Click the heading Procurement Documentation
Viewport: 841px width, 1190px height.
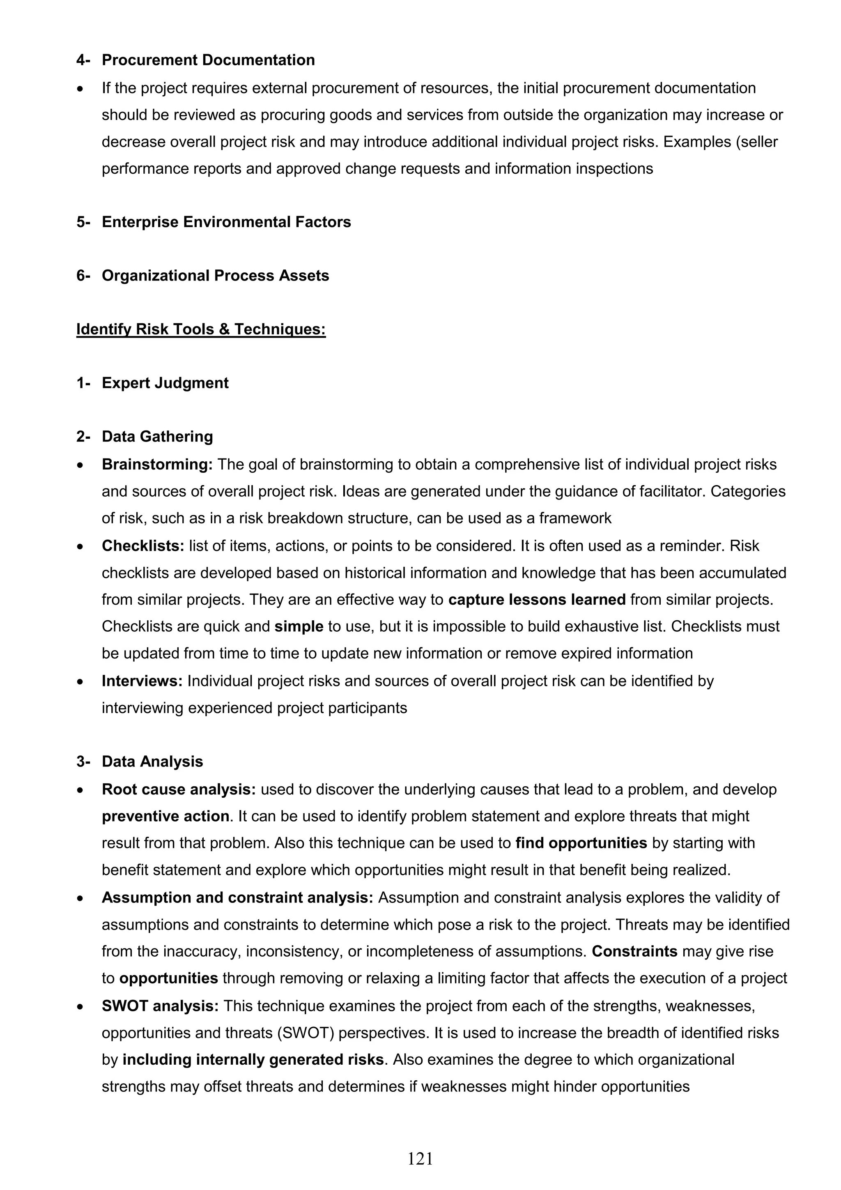pos(208,60)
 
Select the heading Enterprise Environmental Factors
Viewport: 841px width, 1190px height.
pos(226,222)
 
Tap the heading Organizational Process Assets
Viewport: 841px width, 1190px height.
pos(215,275)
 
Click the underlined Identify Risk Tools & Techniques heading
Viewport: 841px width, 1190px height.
pos(201,329)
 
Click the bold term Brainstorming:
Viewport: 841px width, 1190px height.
pos(157,465)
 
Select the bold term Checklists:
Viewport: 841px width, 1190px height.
pos(143,546)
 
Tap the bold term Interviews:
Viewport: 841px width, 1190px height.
pos(142,681)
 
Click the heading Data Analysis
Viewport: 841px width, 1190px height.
pos(152,762)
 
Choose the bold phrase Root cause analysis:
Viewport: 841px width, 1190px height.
pos(179,789)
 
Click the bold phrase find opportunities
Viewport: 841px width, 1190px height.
pos(581,843)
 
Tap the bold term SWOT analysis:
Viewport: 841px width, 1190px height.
pos(160,1006)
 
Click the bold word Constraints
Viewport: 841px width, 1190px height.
pos(634,952)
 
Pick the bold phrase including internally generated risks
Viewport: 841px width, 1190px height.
pos(253,1060)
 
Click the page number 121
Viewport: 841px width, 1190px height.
pos(420,1158)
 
